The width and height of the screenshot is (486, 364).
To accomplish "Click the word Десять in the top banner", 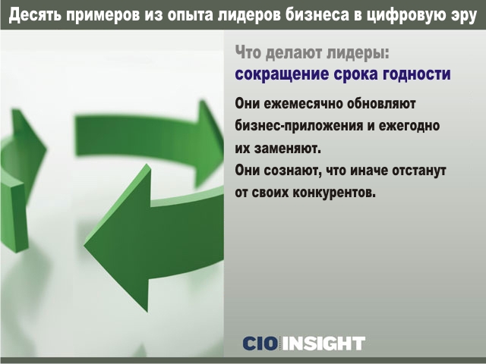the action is (34, 14).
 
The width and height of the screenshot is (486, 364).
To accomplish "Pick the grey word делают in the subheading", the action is (289, 52).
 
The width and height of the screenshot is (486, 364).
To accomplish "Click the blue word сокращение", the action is (282, 74).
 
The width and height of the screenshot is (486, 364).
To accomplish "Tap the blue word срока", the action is (355, 75).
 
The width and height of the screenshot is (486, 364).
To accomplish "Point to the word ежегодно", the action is (409, 127).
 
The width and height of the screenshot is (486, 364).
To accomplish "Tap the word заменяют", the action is (288, 149).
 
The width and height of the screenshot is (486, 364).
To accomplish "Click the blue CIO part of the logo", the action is (260, 344).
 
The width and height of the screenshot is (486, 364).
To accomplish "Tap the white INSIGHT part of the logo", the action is (324, 344).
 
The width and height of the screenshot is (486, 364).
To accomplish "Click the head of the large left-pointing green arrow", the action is (118, 237).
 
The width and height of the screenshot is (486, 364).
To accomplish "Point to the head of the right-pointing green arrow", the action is (208, 143).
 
